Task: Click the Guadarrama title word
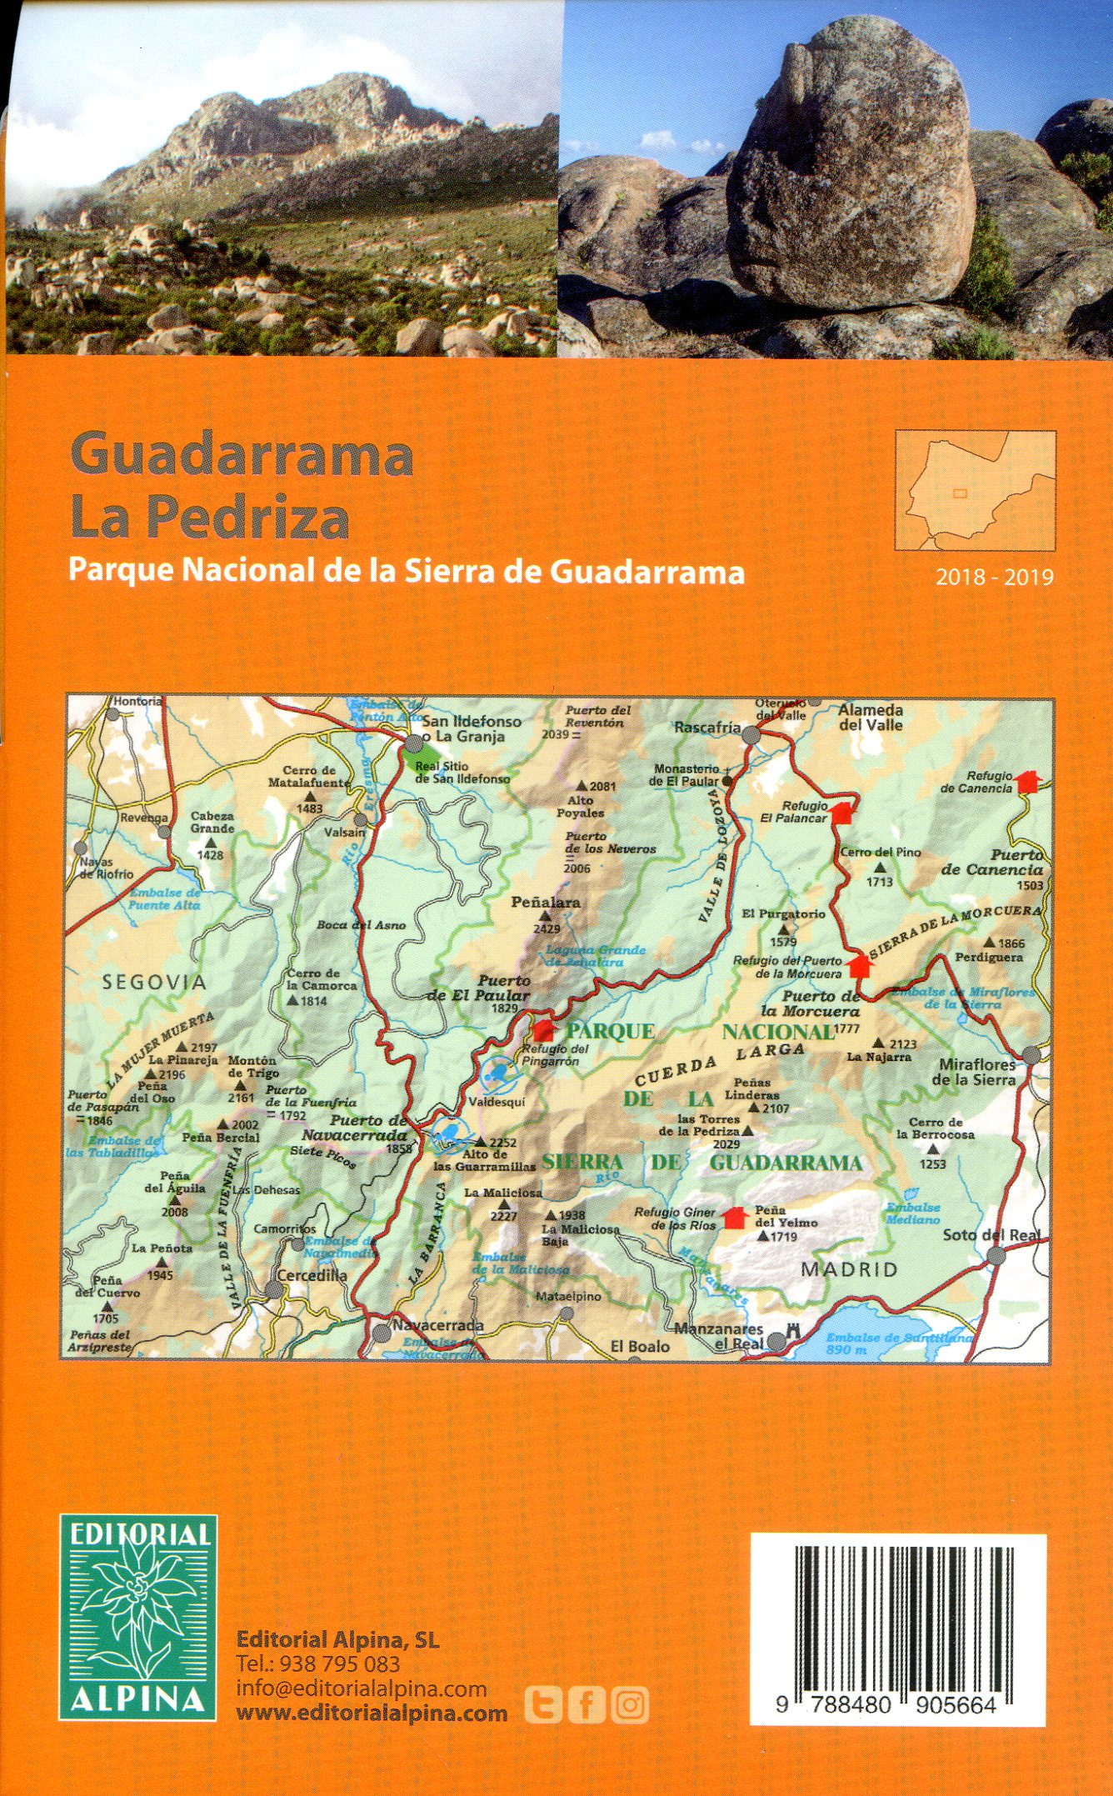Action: [x=242, y=456]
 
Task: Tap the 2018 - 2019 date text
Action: [x=994, y=577]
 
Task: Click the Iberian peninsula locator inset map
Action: [x=975, y=490]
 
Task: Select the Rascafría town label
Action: [x=706, y=728]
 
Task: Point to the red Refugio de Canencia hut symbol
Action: [x=1029, y=782]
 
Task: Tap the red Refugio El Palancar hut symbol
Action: [x=843, y=812]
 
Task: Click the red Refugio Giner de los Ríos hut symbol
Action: [x=733, y=1218]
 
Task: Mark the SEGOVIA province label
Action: [x=154, y=983]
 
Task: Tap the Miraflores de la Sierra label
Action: [x=976, y=1072]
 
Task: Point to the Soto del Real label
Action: [x=991, y=1235]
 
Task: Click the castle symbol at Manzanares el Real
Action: [x=793, y=1331]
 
